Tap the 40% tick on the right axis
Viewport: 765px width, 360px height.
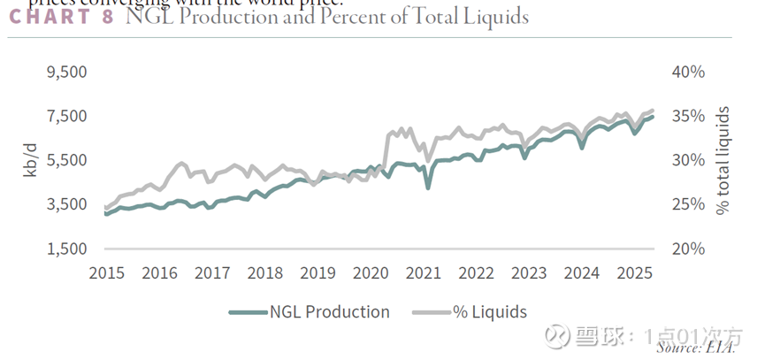688,73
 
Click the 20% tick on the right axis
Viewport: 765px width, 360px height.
688,249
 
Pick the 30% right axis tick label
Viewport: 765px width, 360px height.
688,161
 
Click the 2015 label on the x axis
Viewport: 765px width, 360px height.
106,273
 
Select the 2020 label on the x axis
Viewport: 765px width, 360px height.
371,273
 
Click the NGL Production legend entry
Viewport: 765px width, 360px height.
310,311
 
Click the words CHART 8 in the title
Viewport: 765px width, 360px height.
61,17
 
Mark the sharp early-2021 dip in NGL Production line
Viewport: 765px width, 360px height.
428,188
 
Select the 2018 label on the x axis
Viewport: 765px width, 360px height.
264,273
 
